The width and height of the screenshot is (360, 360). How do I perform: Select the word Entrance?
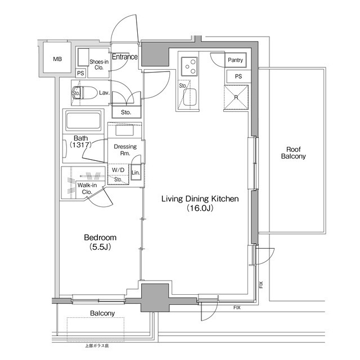(x=124, y=57)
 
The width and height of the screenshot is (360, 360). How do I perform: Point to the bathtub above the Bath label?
(x=83, y=121)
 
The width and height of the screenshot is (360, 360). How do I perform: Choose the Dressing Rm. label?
(x=125, y=150)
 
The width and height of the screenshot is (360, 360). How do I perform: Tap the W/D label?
(x=118, y=169)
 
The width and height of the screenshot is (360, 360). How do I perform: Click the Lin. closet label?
(x=136, y=172)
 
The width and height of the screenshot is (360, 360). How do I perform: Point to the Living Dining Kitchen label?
(x=201, y=199)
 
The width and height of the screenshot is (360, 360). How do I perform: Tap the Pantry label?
(x=235, y=60)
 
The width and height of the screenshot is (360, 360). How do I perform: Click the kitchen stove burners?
(x=190, y=66)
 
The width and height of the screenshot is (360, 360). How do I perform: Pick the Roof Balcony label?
(x=294, y=153)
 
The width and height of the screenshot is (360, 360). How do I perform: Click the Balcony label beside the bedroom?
(x=102, y=313)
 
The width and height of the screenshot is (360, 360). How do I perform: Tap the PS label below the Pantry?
(x=238, y=76)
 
